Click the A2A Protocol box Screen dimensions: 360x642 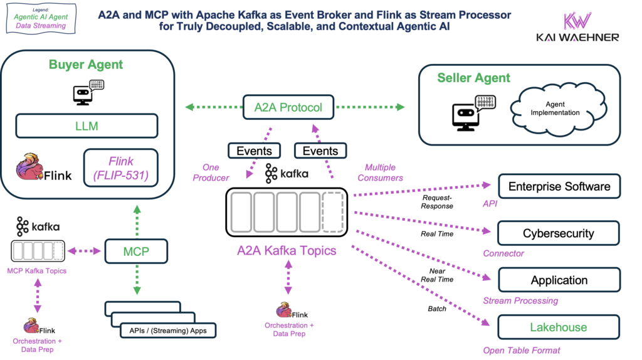(x=288, y=107)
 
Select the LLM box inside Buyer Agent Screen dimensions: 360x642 (x=87, y=126)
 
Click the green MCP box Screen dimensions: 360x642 (x=136, y=251)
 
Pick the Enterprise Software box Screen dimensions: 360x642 (x=559, y=186)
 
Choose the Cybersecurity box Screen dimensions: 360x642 (x=559, y=233)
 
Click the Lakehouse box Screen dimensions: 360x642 (x=559, y=327)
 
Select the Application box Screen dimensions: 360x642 (x=559, y=280)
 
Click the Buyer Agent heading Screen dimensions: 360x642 (x=87, y=65)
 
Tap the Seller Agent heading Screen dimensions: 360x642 (x=473, y=78)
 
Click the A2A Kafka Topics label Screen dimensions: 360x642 (x=286, y=251)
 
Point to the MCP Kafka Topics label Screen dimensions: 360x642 (x=36, y=271)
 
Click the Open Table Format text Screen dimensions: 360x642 (x=522, y=350)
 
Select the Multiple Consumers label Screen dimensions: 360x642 (x=384, y=172)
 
